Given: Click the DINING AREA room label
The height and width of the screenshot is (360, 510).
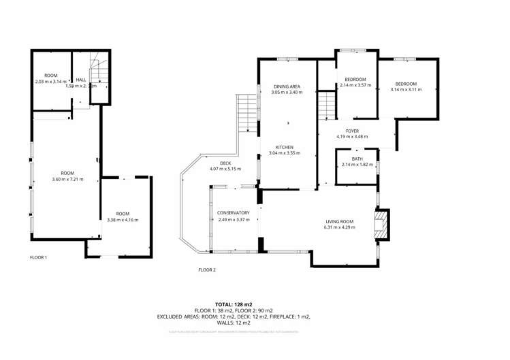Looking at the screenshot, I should tap(286, 86).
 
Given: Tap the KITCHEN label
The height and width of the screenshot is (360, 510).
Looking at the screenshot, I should tap(284, 148).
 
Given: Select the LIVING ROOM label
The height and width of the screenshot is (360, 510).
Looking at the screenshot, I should tap(338, 221).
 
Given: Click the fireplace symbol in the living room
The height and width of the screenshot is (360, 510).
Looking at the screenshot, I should tap(383, 225).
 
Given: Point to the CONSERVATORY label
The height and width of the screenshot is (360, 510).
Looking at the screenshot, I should tap(233, 213).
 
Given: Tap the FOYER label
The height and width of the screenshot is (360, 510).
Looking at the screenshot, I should tap(352, 131).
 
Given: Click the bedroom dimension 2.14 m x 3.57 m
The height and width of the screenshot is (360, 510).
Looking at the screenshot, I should tap(355, 85).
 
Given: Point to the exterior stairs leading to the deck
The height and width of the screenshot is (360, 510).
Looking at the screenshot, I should tap(246, 112).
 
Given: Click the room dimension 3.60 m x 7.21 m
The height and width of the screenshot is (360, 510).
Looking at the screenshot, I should tap(67, 179).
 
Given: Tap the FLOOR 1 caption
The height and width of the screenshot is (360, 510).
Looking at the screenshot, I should tap(39, 257).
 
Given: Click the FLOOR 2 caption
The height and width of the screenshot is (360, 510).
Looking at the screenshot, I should tap(206, 270).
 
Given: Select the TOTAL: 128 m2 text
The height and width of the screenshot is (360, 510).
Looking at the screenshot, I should tap(234, 304).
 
